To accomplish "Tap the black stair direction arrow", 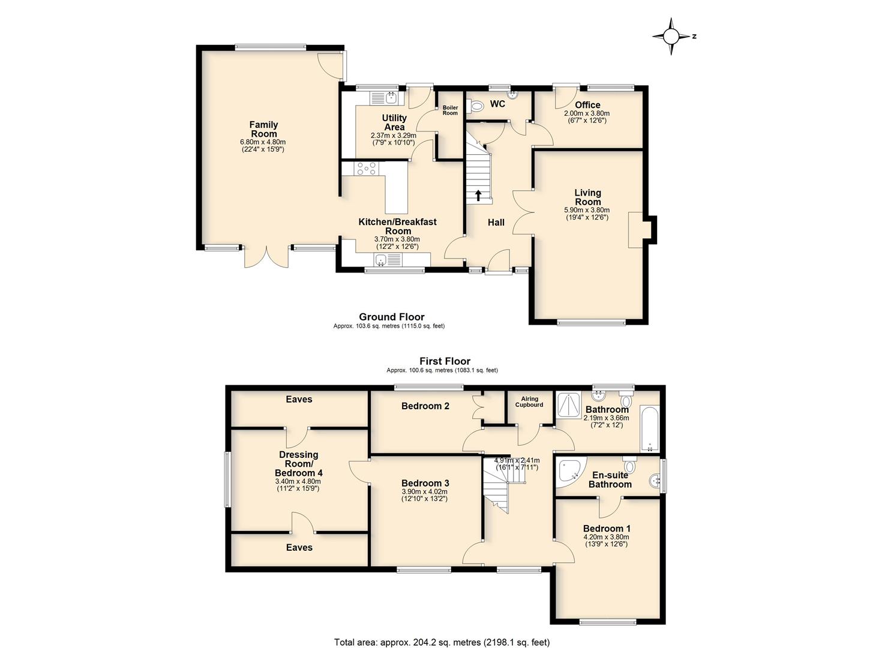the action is [478, 196].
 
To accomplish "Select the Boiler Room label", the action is [450, 110].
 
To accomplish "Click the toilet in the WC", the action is [475, 106].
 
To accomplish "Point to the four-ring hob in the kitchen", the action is [88, 168].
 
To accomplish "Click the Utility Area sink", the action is [113, 97].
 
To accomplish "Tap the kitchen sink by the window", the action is [103, 260].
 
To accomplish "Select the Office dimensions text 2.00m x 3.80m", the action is [587, 113].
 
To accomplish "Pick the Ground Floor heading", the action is [392, 317].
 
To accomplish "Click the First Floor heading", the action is [445, 361].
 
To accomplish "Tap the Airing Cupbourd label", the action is [529, 402].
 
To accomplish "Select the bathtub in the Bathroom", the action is [650, 428].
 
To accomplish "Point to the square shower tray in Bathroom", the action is [569, 405].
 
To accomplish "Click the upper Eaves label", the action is [299, 400].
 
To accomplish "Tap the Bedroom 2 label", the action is [425, 406].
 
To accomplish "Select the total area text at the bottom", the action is [442, 631].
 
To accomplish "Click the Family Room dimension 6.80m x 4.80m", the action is [263, 142].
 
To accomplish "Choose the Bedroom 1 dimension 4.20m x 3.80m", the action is [607, 537].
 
